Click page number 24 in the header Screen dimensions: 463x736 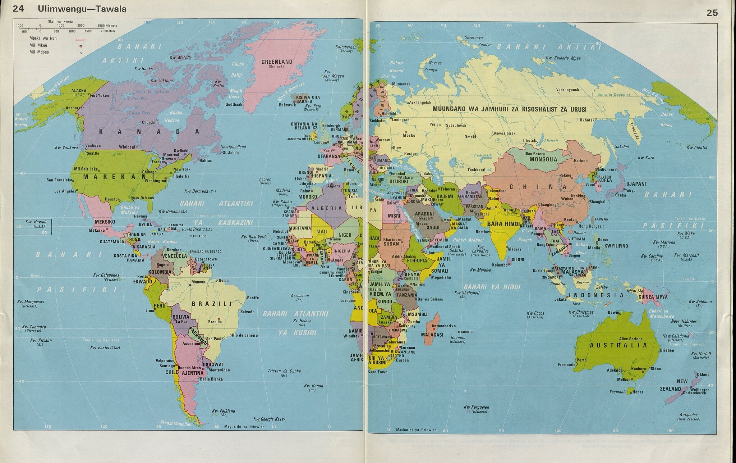pos(18,9)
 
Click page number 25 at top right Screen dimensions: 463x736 pos(712,13)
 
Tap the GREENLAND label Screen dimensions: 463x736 pos(277,62)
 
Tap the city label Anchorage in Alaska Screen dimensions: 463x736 pos(75,108)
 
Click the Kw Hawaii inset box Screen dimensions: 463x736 pos(32,227)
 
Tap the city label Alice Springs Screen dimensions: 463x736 pos(630,339)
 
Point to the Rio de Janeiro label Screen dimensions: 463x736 pos(245,335)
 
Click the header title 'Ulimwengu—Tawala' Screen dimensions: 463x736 pos(82,9)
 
